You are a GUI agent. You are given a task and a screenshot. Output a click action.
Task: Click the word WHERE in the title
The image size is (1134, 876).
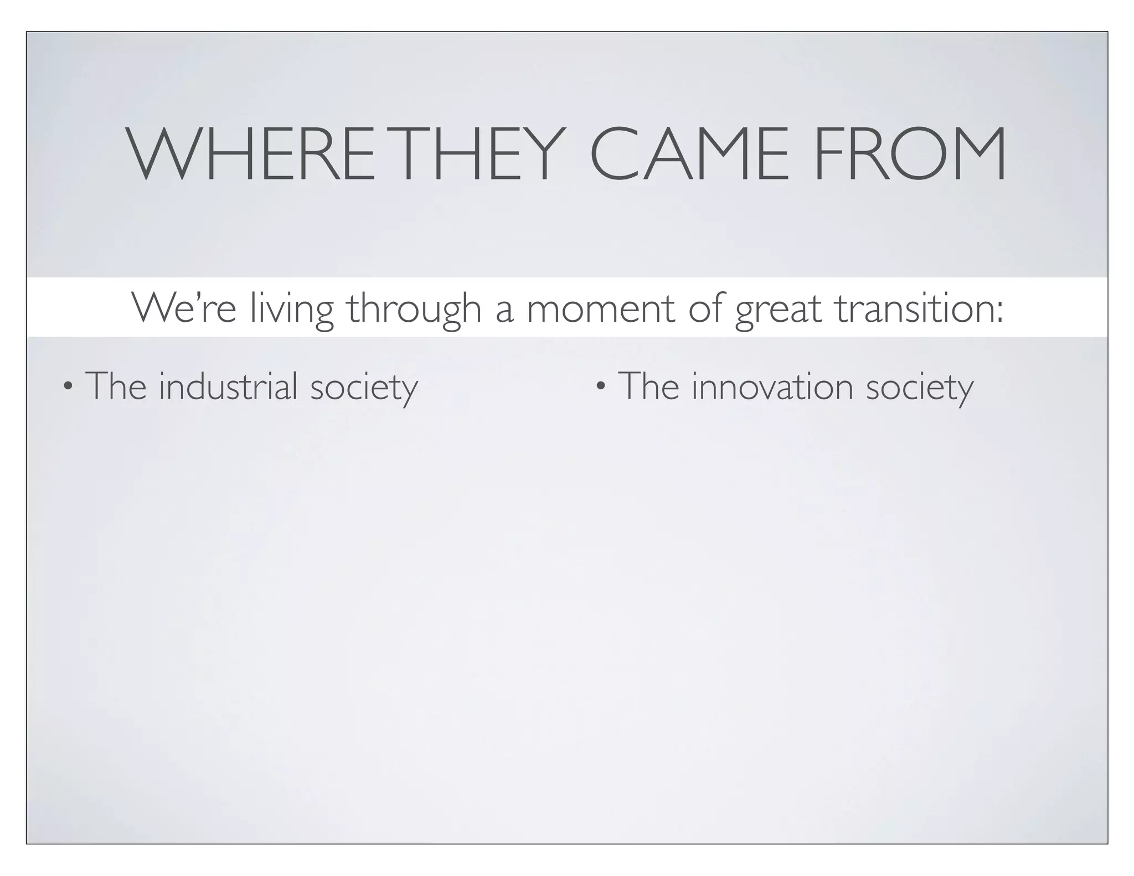tap(252, 154)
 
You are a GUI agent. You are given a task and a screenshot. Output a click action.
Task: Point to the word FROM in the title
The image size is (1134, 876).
tap(910, 154)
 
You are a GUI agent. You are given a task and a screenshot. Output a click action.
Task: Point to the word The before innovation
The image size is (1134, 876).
tap(648, 386)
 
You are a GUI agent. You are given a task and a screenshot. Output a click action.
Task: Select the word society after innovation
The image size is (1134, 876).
tap(919, 388)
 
